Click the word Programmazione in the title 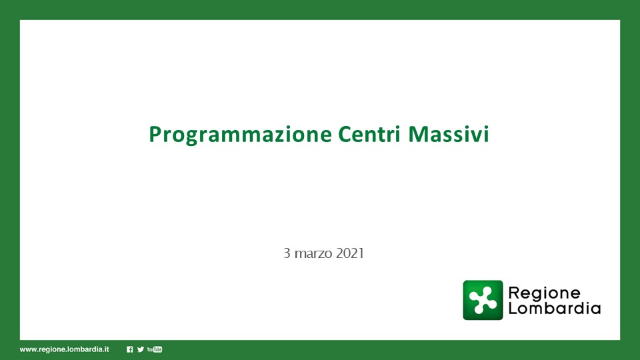[x=240, y=135]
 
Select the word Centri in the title [x=369, y=134]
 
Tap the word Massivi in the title [x=449, y=134]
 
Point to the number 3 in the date [x=287, y=253]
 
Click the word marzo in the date [x=313, y=254]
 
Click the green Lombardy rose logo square [x=483, y=300]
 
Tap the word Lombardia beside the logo [x=554, y=308]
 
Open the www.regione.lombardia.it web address [x=65, y=349]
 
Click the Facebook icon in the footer [x=130, y=349]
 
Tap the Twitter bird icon [x=141, y=349]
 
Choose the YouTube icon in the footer [x=155, y=349]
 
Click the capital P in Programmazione [x=155, y=134]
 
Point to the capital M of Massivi [x=419, y=134]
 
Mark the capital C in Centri [x=345, y=134]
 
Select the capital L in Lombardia [x=513, y=308]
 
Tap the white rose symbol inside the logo [x=483, y=300]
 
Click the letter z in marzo [x=319, y=255]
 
